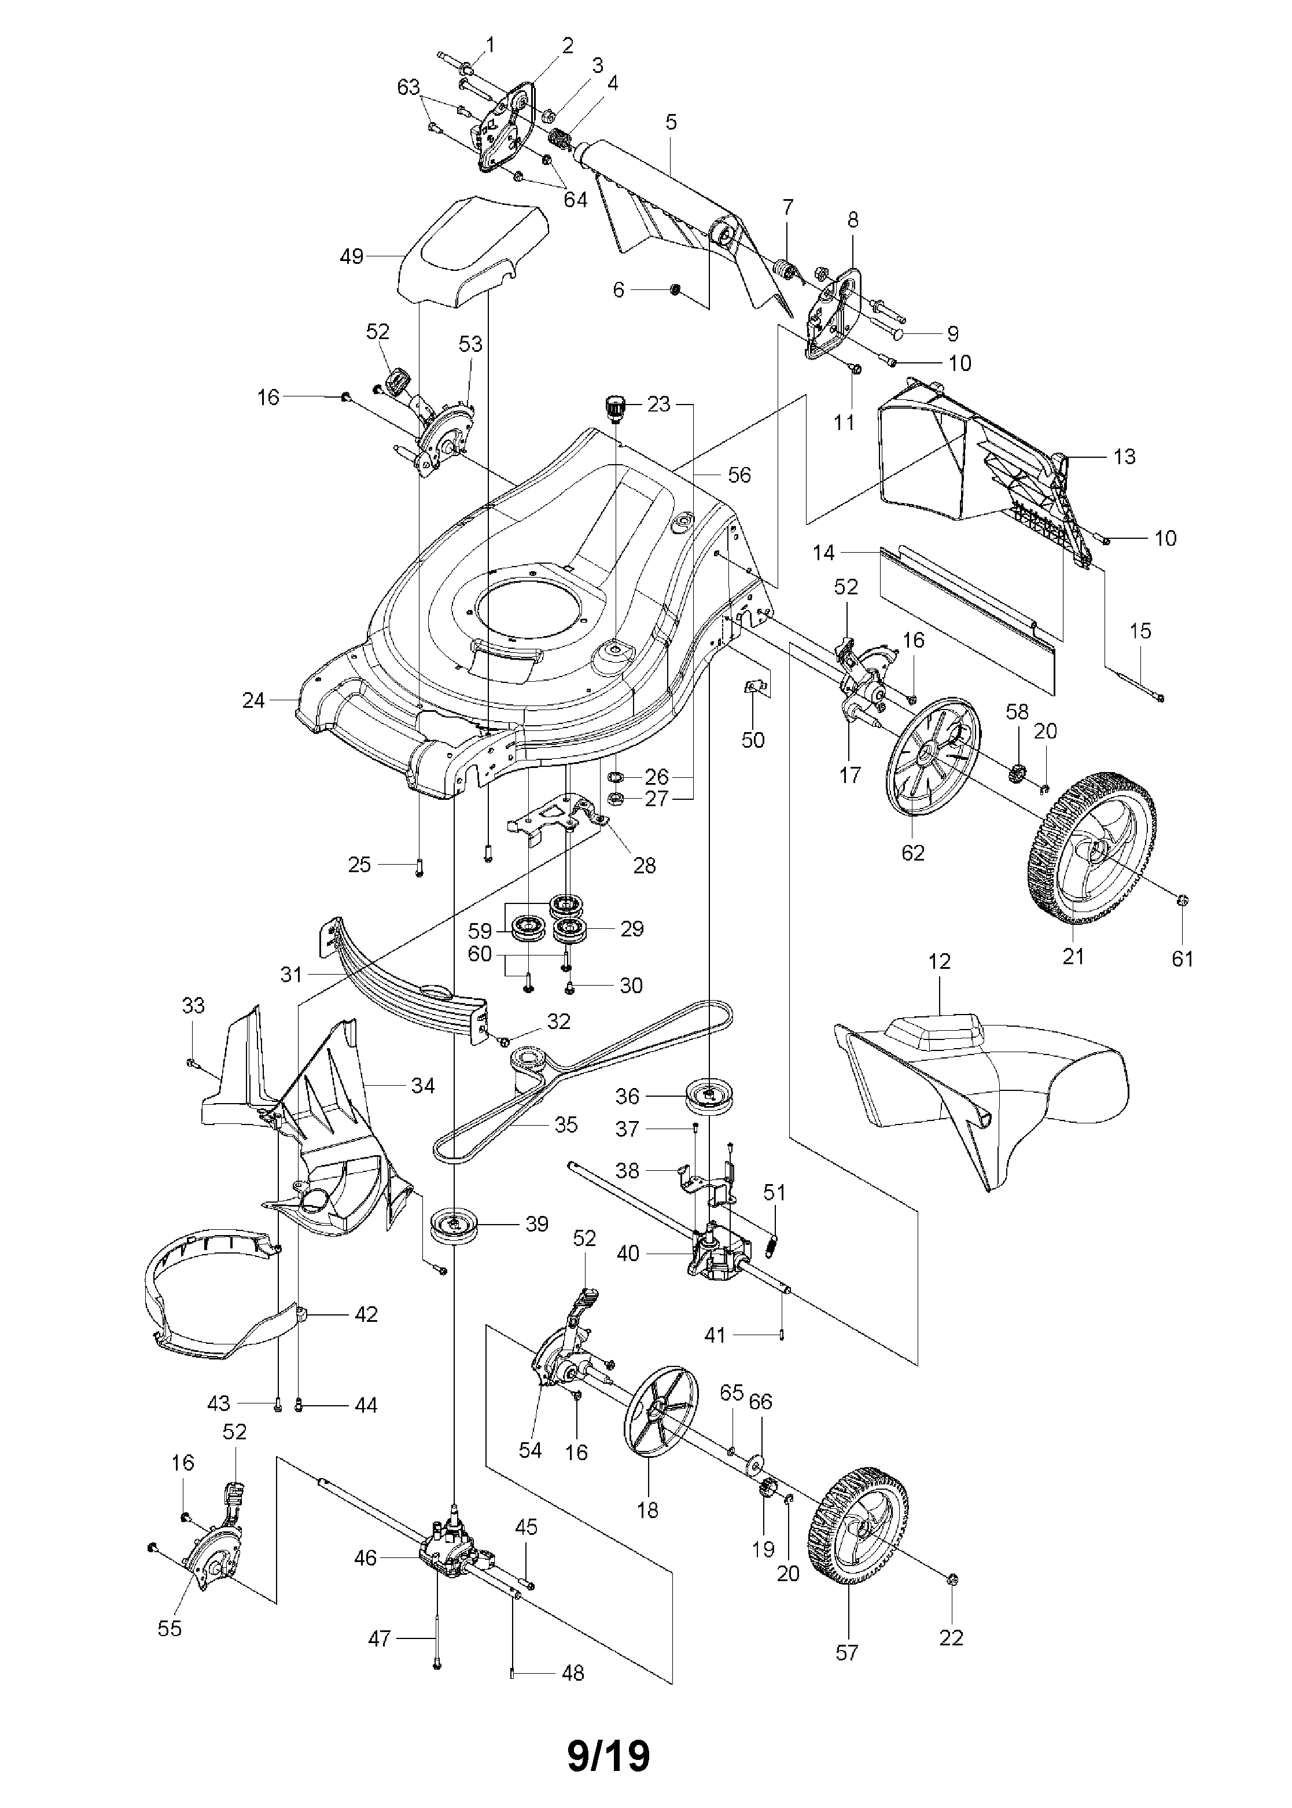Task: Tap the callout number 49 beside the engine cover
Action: tap(351, 256)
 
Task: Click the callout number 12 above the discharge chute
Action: tap(940, 961)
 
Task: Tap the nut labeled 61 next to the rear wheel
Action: tap(1181, 900)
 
